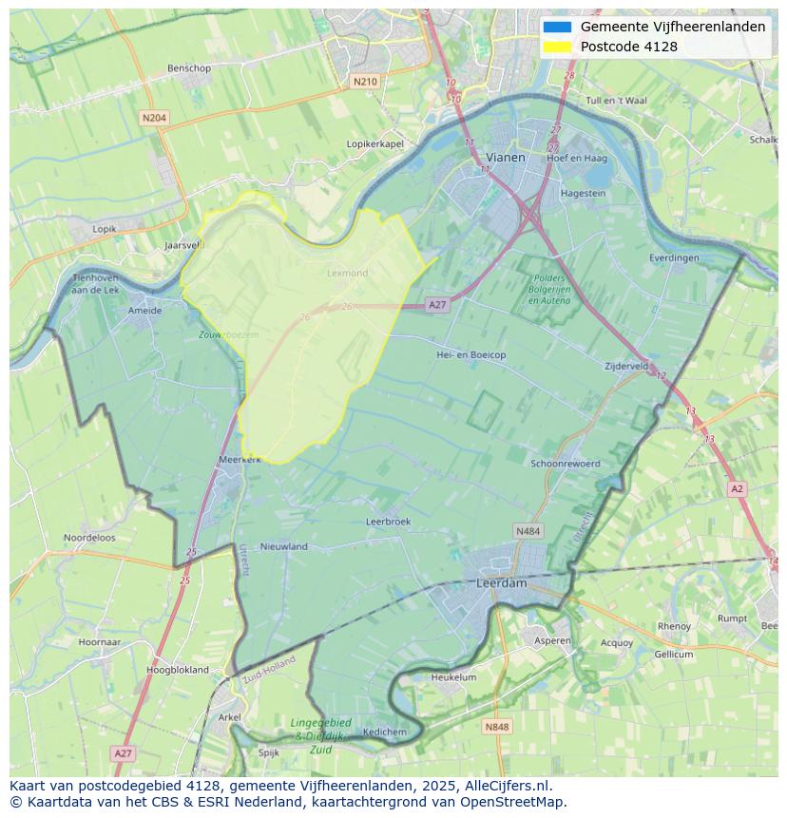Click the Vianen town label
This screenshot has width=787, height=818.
click(x=505, y=158)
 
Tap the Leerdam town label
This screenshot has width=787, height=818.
click(x=501, y=583)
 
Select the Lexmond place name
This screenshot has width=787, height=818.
click(x=347, y=273)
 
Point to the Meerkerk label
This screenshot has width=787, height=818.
click(x=240, y=459)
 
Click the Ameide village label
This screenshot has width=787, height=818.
click(x=144, y=310)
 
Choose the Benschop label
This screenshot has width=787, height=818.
click(x=188, y=68)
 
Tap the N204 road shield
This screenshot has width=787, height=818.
click(x=153, y=118)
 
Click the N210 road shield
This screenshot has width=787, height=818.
click(x=364, y=82)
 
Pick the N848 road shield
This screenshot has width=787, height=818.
click(x=496, y=727)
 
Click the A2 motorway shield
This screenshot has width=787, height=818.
click(x=737, y=488)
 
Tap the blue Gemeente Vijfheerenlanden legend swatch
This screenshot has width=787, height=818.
click(x=557, y=28)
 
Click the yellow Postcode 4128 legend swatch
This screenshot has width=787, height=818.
click(x=557, y=47)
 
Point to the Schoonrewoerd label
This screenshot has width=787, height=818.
click(x=566, y=464)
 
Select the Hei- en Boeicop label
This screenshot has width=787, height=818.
click(x=470, y=354)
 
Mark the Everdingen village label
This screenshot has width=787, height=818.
click(x=674, y=257)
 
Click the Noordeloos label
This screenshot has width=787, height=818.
click(x=89, y=538)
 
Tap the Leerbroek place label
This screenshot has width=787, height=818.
click(x=388, y=522)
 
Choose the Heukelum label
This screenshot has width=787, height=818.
click(x=453, y=677)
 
